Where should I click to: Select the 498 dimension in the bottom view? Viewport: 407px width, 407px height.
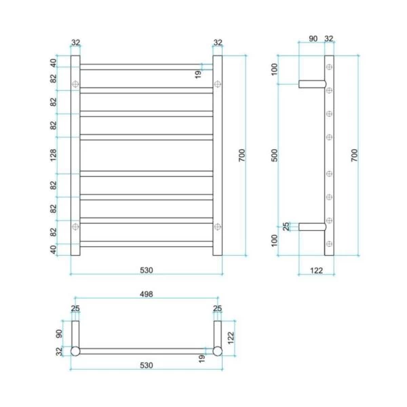(147, 294)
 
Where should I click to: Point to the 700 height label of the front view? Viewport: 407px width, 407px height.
(241, 155)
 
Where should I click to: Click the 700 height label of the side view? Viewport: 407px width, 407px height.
(354, 155)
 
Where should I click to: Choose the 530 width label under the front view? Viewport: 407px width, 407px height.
(147, 270)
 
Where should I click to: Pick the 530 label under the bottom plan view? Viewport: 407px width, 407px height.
(147, 365)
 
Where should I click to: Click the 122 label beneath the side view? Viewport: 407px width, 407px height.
(316, 270)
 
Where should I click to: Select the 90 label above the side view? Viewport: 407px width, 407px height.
(313, 39)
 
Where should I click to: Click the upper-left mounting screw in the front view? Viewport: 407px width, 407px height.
(75, 84)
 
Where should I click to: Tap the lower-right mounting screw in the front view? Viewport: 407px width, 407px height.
(217, 226)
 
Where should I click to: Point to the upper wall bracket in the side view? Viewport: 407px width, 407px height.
(312, 84)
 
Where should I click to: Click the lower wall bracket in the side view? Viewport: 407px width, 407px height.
(312, 226)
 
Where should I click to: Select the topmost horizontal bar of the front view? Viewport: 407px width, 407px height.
(147, 66)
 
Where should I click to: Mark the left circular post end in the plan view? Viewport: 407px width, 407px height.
(75, 351)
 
